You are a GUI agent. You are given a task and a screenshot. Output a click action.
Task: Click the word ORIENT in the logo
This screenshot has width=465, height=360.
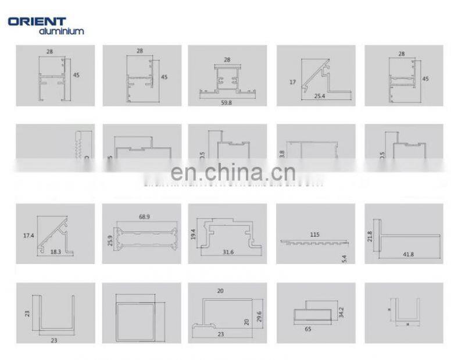(37, 22)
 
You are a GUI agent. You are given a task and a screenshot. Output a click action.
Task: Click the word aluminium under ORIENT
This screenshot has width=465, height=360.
(61, 31)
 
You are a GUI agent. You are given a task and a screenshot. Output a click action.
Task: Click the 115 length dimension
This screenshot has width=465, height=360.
(315, 234)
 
